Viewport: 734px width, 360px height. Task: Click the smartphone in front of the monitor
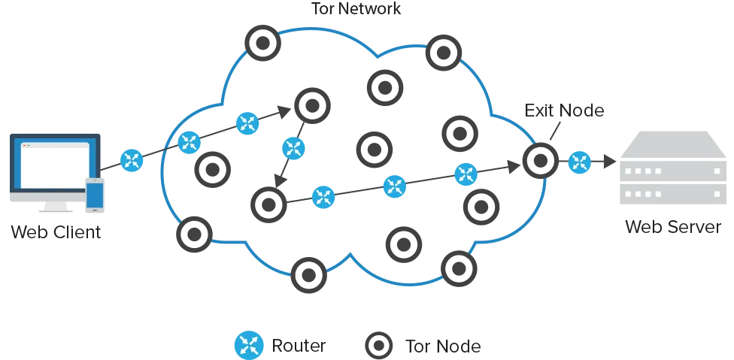95,194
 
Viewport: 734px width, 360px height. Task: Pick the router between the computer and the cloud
132,160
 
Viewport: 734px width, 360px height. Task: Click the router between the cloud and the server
578,161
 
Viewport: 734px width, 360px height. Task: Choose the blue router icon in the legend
248,345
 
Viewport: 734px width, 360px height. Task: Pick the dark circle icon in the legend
378,346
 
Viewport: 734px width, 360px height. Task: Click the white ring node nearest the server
540,160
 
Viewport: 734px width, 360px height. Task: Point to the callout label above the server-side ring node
566,112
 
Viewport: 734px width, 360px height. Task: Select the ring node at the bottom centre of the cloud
308,276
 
